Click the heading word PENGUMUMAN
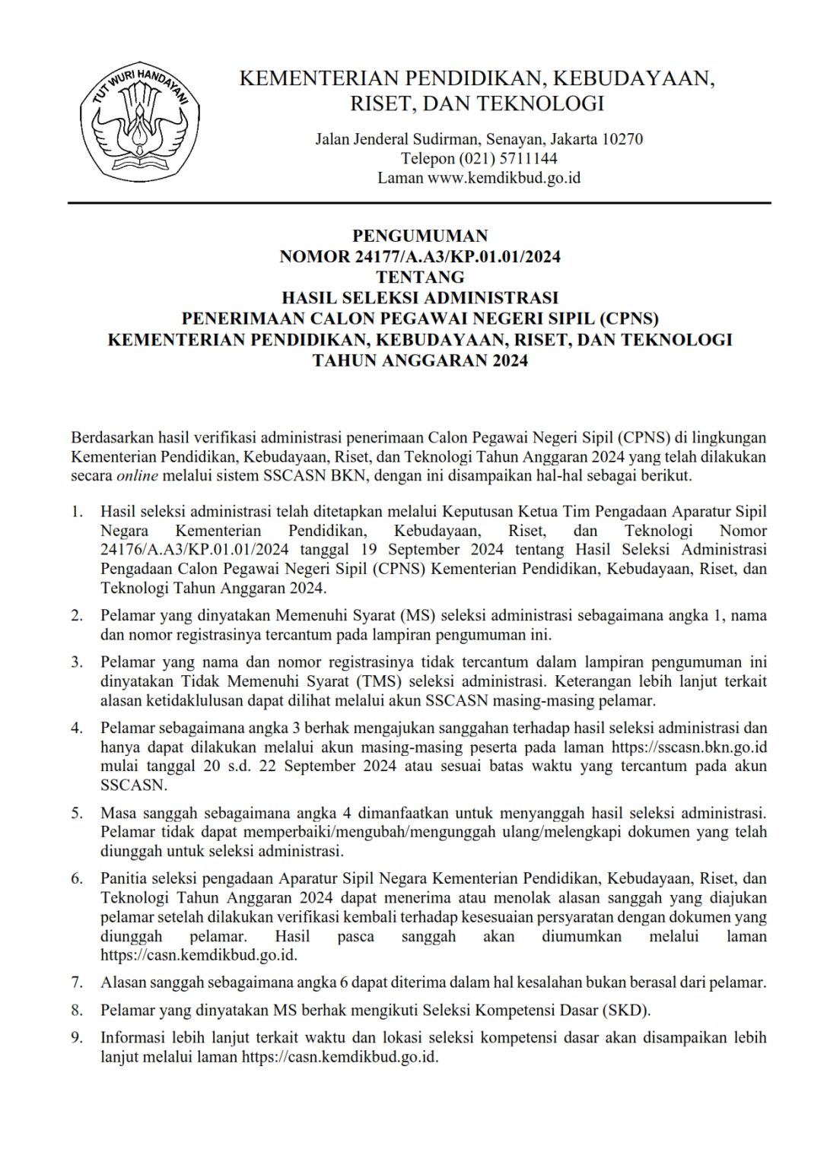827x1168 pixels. [x=420, y=236]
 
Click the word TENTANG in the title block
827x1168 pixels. [x=420, y=277]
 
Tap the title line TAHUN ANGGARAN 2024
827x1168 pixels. [x=420, y=360]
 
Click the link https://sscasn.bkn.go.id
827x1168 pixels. [x=687, y=747]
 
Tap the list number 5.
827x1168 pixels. [x=77, y=813]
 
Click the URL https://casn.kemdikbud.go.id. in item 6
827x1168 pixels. [x=199, y=955]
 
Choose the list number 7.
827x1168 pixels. [x=77, y=982]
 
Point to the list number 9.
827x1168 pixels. [x=77, y=1038]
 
